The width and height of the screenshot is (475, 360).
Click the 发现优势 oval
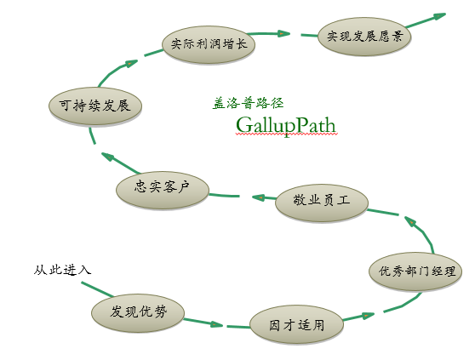pos(138,313)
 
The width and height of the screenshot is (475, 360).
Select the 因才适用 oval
pos(296,325)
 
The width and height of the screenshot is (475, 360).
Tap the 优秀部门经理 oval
pos(415,271)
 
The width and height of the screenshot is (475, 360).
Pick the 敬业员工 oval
pos(322,203)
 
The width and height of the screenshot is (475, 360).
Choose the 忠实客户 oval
pos(163,190)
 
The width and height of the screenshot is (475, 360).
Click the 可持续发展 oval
pos(95,106)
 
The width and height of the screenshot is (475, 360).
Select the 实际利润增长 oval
pos(209,44)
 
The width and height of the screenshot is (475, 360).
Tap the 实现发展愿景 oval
pos(364,37)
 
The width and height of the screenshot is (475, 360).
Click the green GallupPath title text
pos(286,125)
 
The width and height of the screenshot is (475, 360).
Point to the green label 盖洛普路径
pos(248,103)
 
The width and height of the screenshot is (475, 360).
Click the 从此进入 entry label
pos(63,270)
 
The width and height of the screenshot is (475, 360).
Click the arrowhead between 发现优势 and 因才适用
pos(216,324)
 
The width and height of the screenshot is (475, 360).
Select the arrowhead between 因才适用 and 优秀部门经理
pos(368,316)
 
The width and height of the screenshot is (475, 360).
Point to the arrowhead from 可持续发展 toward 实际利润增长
pos(131,63)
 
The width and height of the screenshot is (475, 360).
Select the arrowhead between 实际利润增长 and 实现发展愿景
pos(283,33)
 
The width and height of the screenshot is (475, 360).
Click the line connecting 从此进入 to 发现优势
pos(98,289)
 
